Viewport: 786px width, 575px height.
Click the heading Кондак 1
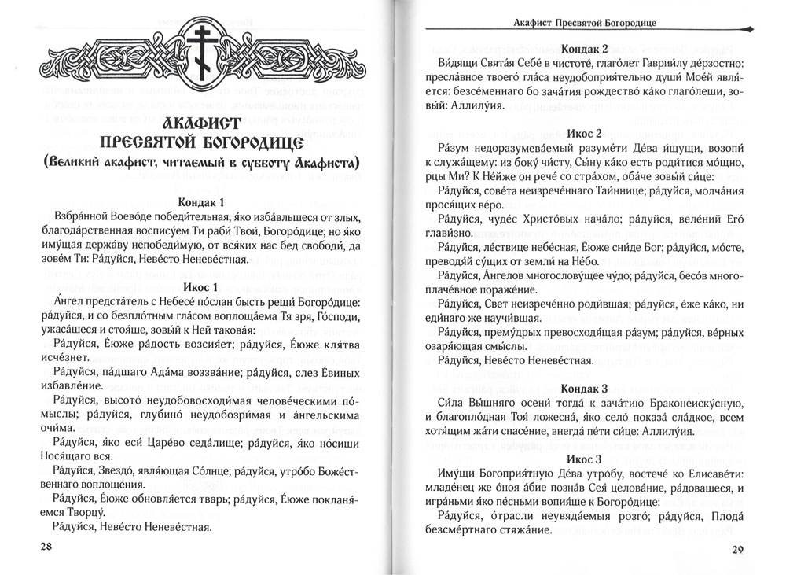[x=201, y=202]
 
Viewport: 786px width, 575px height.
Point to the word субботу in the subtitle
[x=282, y=164]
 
